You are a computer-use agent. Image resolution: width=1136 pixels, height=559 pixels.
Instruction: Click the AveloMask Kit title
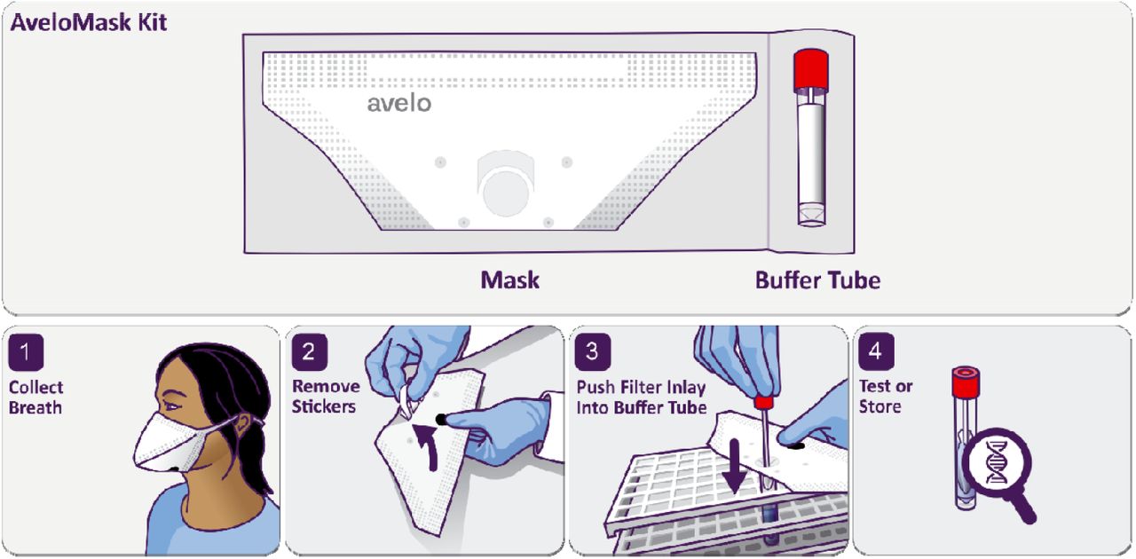pyautogui.click(x=89, y=22)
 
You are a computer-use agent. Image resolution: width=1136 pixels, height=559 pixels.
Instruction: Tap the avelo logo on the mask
pyautogui.click(x=399, y=103)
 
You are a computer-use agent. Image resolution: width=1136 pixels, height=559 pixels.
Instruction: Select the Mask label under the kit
pyautogui.click(x=509, y=280)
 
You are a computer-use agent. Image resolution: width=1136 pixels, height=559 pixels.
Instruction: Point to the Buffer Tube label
pyautogui.click(x=817, y=280)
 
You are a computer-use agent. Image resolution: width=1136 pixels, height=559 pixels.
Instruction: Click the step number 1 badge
pyautogui.click(x=26, y=352)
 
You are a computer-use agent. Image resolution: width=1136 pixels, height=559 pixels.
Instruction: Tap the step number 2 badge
pyautogui.click(x=309, y=352)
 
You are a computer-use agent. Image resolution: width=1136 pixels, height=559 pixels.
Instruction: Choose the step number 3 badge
pyautogui.click(x=592, y=352)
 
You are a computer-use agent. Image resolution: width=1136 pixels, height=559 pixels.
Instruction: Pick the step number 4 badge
pyautogui.click(x=876, y=352)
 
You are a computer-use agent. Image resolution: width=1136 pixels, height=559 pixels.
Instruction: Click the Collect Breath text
pyautogui.click(x=36, y=398)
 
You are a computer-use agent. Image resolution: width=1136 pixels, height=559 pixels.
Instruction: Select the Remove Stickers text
pyautogui.click(x=326, y=396)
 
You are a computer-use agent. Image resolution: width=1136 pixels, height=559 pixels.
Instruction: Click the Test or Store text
pyautogui.click(x=886, y=396)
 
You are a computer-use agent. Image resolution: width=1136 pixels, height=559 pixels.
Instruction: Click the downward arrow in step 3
pyautogui.click(x=735, y=467)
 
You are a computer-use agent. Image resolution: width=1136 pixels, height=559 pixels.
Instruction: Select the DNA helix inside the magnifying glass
pyautogui.click(x=997, y=462)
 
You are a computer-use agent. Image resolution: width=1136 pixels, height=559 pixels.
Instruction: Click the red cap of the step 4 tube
pyautogui.click(x=966, y=382)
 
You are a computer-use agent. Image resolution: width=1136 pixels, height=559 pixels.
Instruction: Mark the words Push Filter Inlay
pyautogui.click(x=641, y=388)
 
